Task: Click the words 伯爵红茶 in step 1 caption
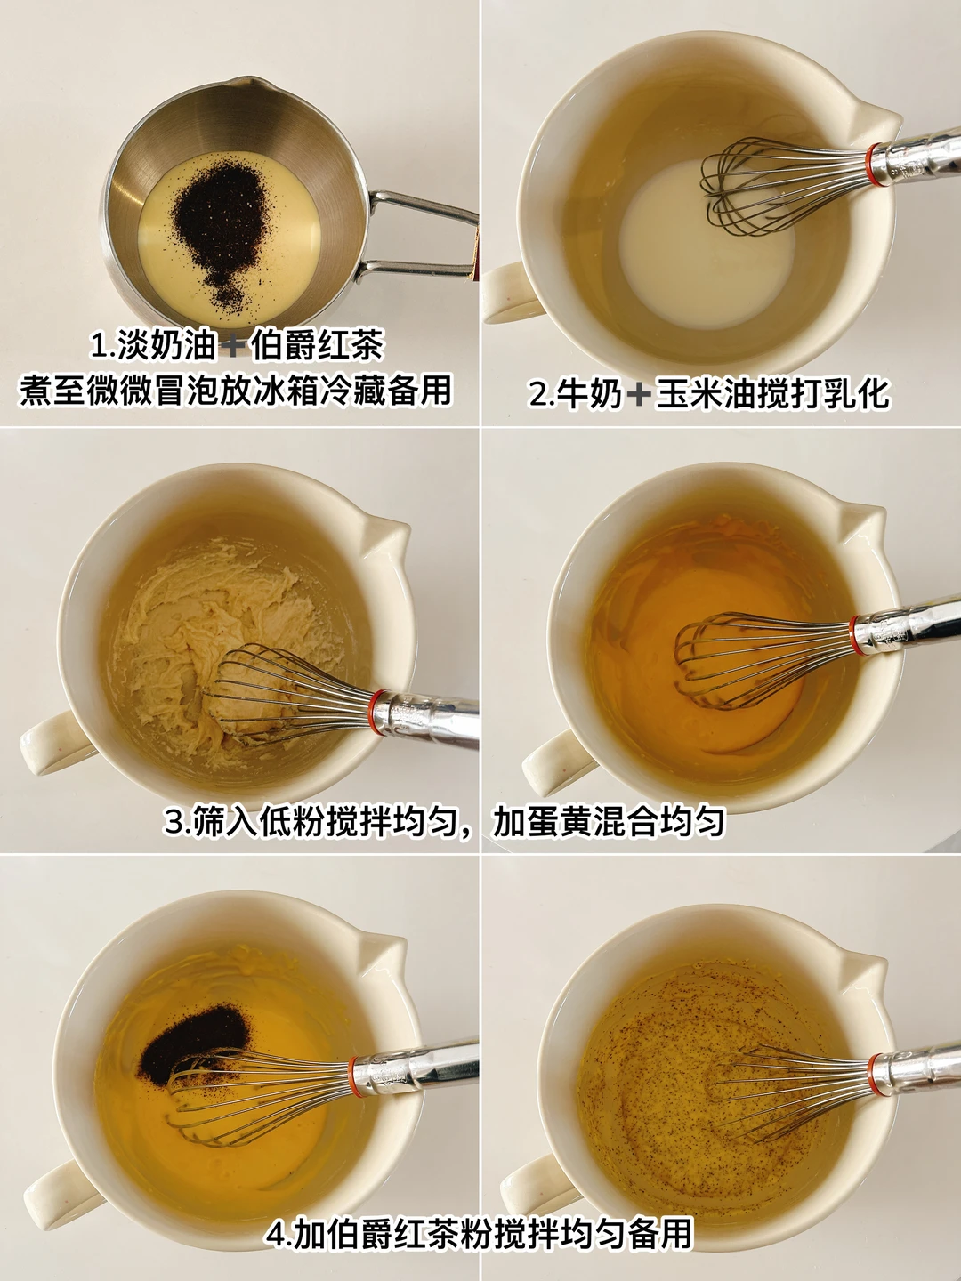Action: (317, 346)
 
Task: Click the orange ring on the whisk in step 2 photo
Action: (876, 165)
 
